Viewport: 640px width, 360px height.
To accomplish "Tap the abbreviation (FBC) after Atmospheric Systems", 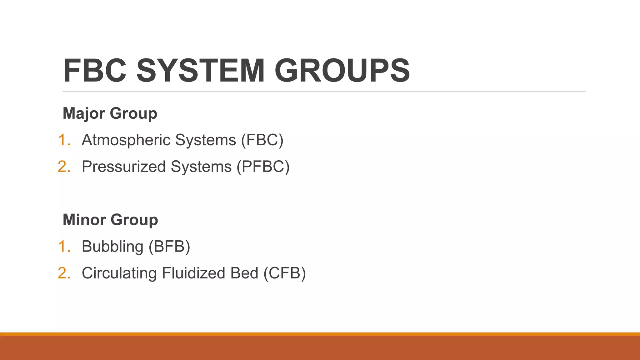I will click(x=262, y=140).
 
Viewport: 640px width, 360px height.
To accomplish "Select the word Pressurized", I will click(x=124, y=167).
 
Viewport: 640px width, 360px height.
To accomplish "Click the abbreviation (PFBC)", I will click(x=263, y=167).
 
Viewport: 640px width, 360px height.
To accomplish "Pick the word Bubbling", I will click(x=112, y=247).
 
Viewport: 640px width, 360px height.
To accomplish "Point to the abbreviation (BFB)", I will click(x=169, y=247).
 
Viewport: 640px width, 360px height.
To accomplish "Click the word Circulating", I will click(x=119, y=273).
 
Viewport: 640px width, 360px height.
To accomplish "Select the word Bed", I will click(x=244, y=273).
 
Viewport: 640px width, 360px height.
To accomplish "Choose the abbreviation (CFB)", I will click(x=284, y=273).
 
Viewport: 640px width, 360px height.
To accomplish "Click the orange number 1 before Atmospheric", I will click(x=63, y=140).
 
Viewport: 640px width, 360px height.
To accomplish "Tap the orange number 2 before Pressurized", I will click(x=63, y=167).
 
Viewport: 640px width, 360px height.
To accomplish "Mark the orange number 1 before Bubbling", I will click(x=63, y=247).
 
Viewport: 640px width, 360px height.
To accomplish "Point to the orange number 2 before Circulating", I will click(x=63, y=273).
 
